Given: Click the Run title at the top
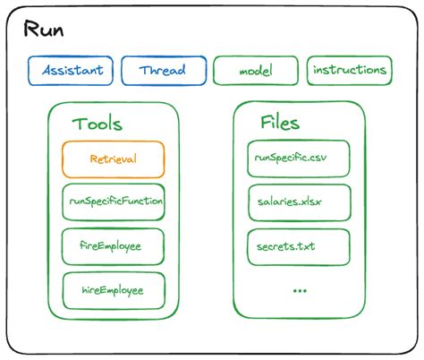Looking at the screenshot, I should [x=43, y=31].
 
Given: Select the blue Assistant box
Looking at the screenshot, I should [x=71, y=71].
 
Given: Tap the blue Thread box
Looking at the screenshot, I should [x=162, y=71].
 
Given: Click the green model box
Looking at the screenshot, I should [x=256, y=71].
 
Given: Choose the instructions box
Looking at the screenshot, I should [x=350, y=70].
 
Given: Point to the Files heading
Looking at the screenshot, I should [x=279, y=123].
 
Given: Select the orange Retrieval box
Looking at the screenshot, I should [x=114, y=159].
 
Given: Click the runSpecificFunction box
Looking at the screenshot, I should [x=114, y=202].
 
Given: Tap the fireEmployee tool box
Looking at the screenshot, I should [x=114, y=245].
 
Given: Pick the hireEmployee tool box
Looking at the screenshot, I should [x=114, y=289].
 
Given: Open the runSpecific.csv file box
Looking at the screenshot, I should [x=299, y=159].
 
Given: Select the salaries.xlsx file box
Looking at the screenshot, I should [x=299, y=202].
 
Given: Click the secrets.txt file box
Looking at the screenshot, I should [x=299, y=246].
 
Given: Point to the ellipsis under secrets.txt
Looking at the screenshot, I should [x=297, y=290].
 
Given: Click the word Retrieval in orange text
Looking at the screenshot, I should [x=114, y=159].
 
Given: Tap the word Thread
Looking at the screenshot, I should [x=162, y=71].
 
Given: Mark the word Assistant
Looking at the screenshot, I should [x=71, y=71].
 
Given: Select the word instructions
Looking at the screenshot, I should [x=350, y=70].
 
